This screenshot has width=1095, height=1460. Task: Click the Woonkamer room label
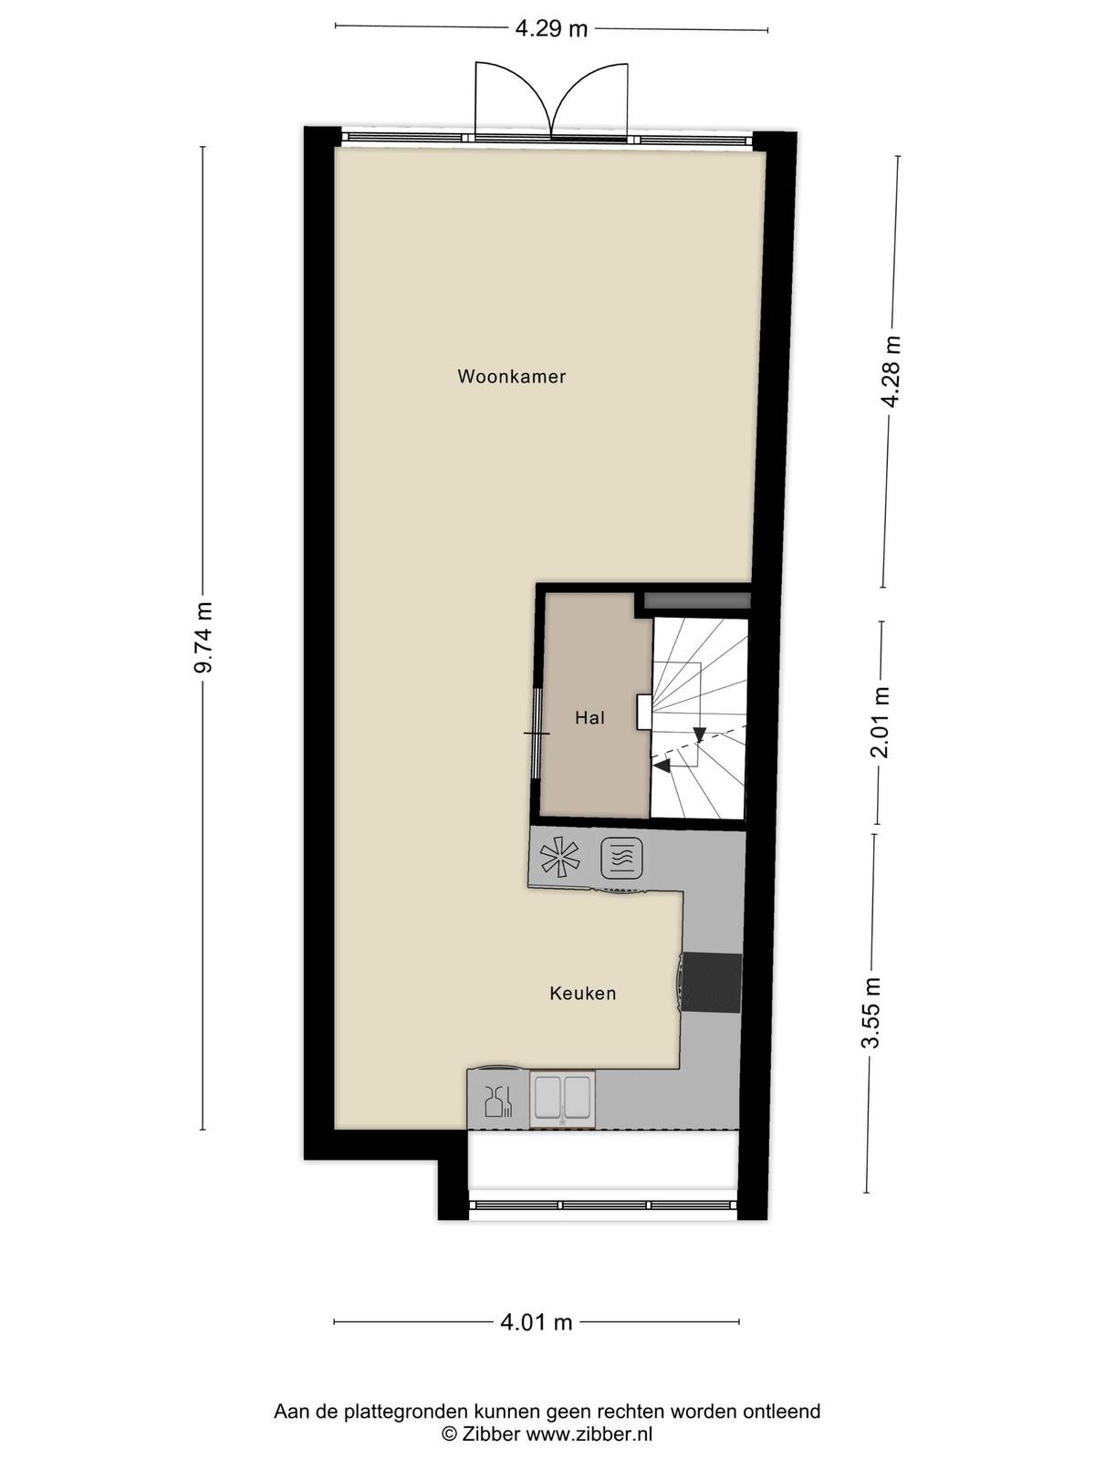coord(511,377)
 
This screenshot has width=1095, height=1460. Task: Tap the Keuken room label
coord(582,993)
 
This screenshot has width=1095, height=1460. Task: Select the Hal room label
coord(589,718)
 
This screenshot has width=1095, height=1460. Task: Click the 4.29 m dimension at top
coord(551,29)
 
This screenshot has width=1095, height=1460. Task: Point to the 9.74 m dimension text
coord(203,638)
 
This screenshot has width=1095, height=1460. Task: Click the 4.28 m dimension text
coord(891,371)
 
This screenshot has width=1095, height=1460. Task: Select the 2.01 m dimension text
coord(881,723)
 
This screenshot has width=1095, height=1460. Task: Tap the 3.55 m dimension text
coord(871,1013)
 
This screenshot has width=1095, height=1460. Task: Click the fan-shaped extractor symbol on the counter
coord(559,855)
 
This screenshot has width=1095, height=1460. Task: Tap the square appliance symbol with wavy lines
coord(621,858)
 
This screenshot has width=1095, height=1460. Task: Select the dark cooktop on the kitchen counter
coord(712,983)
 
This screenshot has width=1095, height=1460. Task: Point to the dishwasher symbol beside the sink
coord(498,1101)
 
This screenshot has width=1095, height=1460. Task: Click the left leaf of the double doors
coord(512,99)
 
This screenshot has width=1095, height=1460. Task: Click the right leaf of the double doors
coord(589,100)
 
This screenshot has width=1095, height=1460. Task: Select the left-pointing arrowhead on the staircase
coord(662,766)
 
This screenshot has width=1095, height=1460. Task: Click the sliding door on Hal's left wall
coord(537,733)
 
